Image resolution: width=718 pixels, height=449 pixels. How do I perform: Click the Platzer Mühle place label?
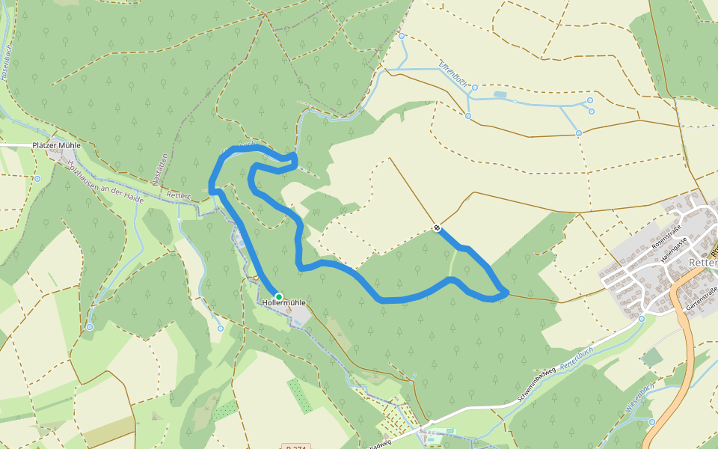coord(56,145)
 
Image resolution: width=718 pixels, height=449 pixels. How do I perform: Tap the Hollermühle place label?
coord(284,303)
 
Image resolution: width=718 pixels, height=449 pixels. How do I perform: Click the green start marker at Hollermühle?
coord(279,297)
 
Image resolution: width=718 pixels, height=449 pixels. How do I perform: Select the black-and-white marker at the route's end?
coord(437,228)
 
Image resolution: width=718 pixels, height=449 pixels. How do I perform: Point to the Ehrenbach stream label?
coord(452,75)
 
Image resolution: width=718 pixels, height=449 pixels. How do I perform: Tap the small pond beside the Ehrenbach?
coord(500,94)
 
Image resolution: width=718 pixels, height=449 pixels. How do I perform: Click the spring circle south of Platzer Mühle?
coord(37,179)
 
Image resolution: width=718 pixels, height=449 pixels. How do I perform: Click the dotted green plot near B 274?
coord(300,396)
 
